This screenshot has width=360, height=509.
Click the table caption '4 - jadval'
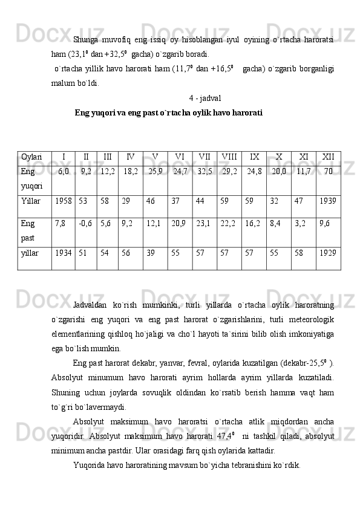click(x=205, y=98)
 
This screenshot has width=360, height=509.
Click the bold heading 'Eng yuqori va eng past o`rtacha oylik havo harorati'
click(x=168, y=113)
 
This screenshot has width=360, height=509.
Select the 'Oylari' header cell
click(x=31, y=157)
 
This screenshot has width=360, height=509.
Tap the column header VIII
click(x=229, y=157)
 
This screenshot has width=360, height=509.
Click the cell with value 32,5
click(x=205, y=172)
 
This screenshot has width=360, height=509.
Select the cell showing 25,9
click(x=155, y=172)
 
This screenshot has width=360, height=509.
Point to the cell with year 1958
click(x=63, y=199)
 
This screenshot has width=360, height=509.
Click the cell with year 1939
click(x=328, y=199)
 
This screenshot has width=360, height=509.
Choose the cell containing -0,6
click(x=85, y=223)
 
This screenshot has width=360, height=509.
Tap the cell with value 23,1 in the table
click(x=204, y=223)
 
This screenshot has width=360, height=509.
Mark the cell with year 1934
click(x=63, y=250)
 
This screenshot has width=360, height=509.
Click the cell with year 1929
click(x=328, y=250)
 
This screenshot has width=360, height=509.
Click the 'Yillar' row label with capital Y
click(x=30, y=199)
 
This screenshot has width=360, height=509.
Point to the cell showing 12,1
click(x=154, y=223)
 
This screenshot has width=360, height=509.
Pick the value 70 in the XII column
click(x=328, y=172)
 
